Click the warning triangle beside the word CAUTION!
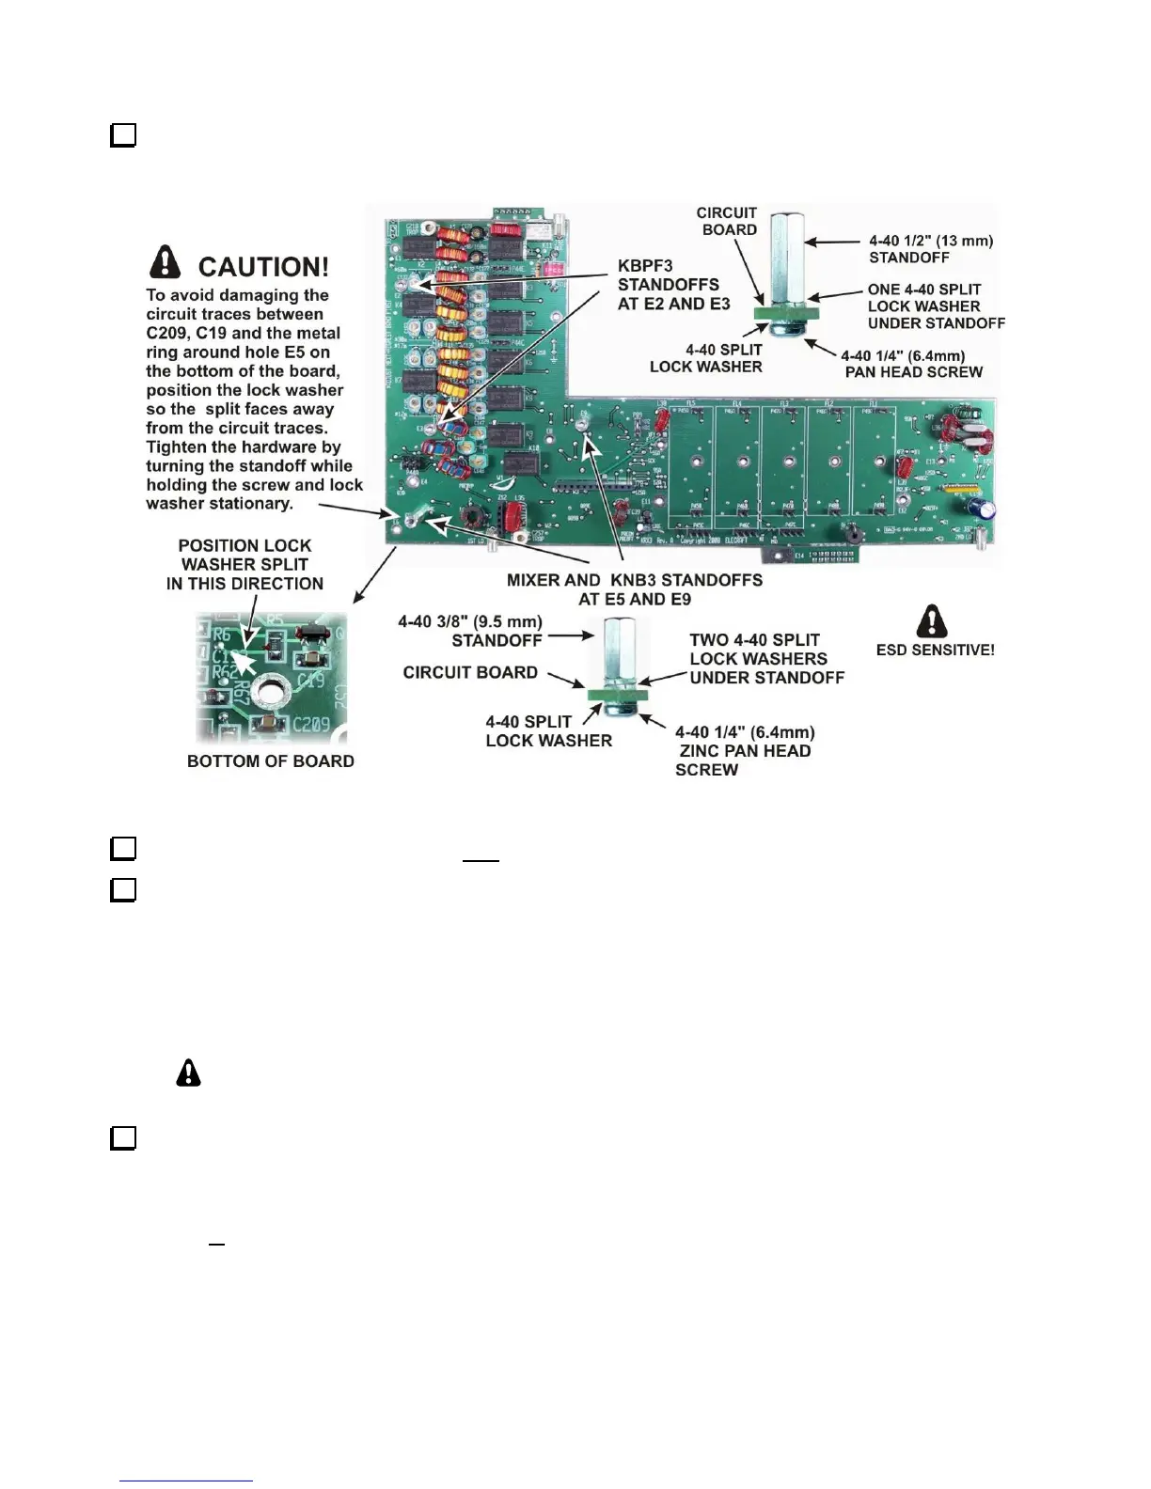pyautogui.click(x=166, y=262)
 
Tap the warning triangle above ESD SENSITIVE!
pyautogui.click(x=931, y=620)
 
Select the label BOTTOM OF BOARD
pyautogui.click(x=271, y=761)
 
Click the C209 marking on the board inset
pyautogui.click(x=311, y=725)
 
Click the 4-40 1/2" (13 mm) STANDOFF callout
pyautogui.click(x=930, y=249)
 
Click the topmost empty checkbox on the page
pyautogui.click(x=123, y=135)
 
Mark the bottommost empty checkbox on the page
pyautogui.click(x=123, y=1138)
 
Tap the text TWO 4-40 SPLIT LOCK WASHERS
pyautogui.click(x=766, y=659)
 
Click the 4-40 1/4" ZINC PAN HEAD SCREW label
pyautogui.click(x=744, y=751)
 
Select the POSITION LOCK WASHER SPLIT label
pyautogui.click(x=244, y=565)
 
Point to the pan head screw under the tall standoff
pyautogui.click(x=786, y=330)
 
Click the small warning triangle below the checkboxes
pyautogui.click(x=188, y=1073)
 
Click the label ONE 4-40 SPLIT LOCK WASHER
pyautogui.click(x=935, y=306)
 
